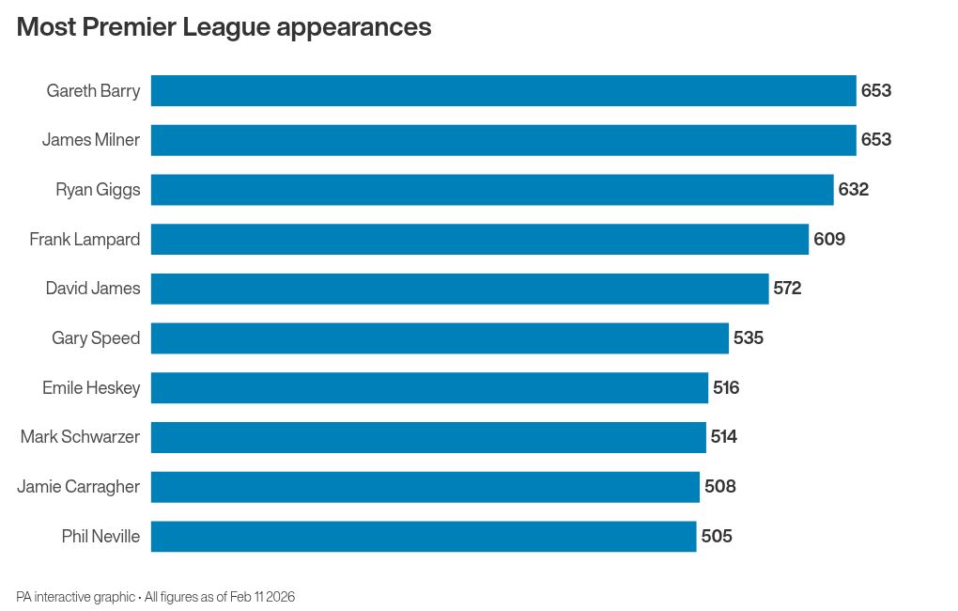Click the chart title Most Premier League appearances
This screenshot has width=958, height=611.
(x=224, y=27)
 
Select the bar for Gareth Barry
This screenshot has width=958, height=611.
(x=503, y=91)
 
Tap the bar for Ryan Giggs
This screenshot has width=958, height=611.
(x=492, y=190)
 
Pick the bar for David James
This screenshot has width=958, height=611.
(x=459, y=289)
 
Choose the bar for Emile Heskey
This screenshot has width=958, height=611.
(x=429, y=387)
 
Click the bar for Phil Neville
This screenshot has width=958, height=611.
(x=424, y=537)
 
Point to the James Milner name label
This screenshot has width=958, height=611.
(x=91, y=140)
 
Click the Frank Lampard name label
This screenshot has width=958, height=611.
(x=85, y=240)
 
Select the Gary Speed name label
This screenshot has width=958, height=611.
(x=96, y=338)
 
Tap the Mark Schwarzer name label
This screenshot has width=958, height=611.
(x=80, y=437)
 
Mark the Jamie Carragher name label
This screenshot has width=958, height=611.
(x=79, y=487)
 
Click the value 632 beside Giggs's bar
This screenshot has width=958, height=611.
(x=854, y=190)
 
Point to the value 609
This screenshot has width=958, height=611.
(x=829, y=240)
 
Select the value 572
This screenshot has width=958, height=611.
(x=787, y=289)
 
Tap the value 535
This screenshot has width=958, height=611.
(x=749, y=338)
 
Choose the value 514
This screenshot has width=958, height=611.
(x=724, y=437)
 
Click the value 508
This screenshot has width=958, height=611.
(x=720, y=487)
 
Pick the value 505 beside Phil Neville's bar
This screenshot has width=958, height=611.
(x=717, y=537)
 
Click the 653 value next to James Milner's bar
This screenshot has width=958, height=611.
(x=876, y=140)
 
